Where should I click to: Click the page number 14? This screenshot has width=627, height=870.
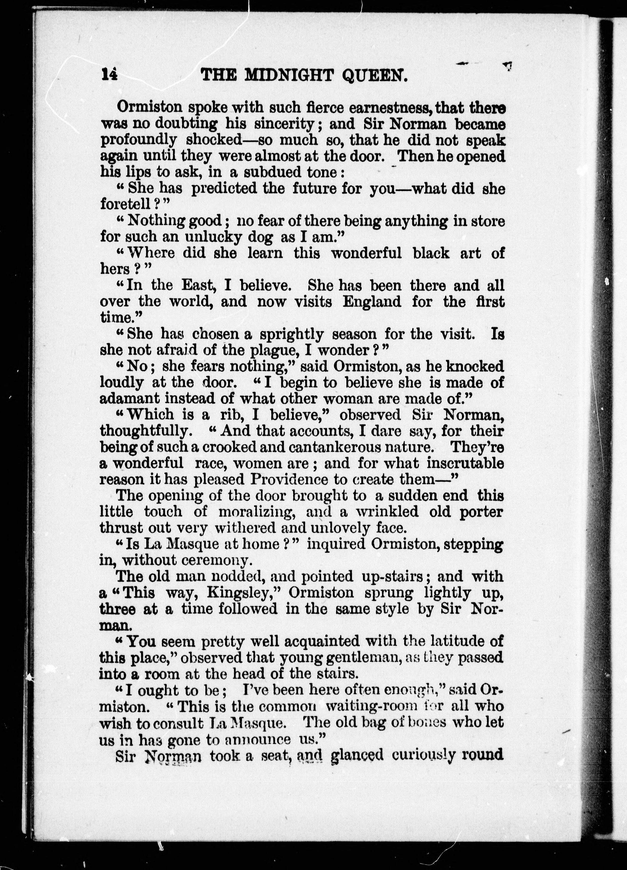click(x=109, y=74)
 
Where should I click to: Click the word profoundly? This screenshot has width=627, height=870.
click(x=138, y=140)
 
